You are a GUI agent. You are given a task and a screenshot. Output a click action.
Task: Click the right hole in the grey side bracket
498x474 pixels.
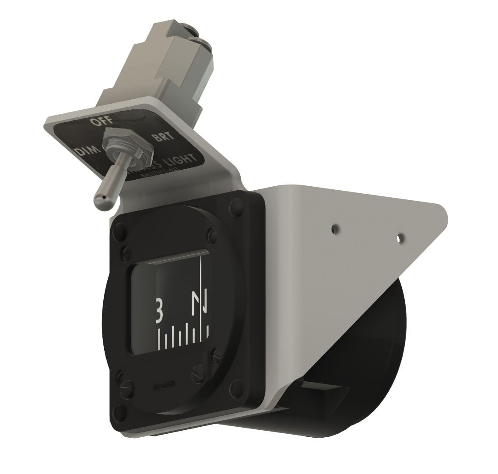[x=400, y=239]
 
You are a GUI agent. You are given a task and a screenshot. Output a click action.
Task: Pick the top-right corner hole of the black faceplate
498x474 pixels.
[x=237, y=204]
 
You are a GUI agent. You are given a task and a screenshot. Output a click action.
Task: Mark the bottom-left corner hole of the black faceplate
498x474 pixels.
[x=117, y=410]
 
